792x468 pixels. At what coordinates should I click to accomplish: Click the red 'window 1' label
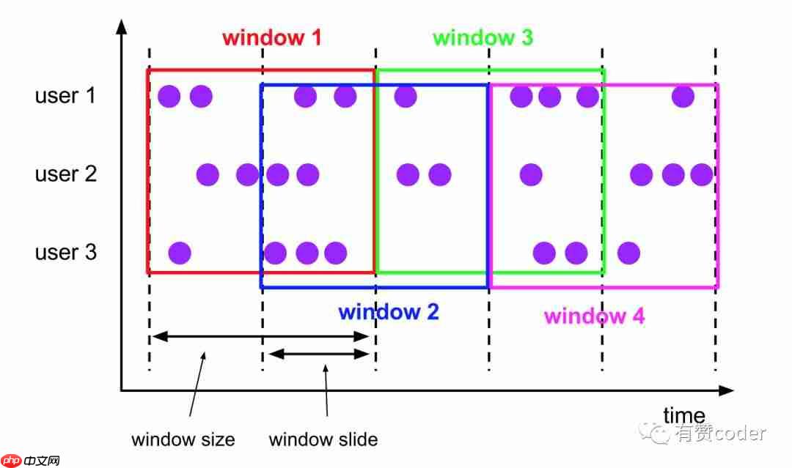click(x=271, y=37)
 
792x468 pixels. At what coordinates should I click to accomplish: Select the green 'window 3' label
click(x=483, y=37)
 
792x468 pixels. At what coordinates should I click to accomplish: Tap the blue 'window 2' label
click(x=388, y=312)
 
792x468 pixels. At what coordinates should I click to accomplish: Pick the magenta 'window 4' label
click(x=594, y=316)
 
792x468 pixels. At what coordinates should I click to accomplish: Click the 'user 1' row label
click(x=65, y=95)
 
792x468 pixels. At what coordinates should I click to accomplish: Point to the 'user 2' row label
click(x=65, y=174)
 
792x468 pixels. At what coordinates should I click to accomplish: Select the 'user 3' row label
click(x=65, y=253)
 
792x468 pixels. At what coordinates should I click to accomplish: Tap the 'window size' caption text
click(x=183, y=439)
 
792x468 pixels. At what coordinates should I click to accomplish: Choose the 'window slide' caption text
click(x=323, y=439)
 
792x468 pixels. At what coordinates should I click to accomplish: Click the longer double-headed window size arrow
click(x=260, y=337)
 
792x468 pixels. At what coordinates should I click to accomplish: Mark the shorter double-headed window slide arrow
click(x=318, y=354)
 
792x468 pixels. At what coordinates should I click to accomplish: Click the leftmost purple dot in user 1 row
click(x=169, y=96)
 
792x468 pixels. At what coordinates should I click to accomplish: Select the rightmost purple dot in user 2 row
click(x=701, y=174)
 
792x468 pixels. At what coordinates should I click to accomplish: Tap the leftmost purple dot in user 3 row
click(x=180, y=253)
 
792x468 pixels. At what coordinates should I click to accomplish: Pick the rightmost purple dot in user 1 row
click(x=683, y=96)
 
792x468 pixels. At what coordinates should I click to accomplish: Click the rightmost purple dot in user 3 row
click(x=628, y=253)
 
